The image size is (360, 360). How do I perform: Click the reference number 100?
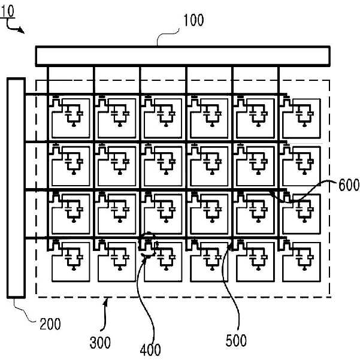[x=193, y=20]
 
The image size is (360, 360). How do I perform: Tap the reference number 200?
[x=50, y=323]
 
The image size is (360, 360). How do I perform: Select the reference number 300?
[x=100, y=343]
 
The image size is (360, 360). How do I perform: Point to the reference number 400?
[x=150, y=350]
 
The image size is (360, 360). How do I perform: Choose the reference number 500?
[x=236, y=340]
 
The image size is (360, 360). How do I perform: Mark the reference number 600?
[x=349, y=185]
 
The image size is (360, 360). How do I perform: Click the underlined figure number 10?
[x=8, y=11]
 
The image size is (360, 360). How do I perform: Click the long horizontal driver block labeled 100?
[x=183, y=56]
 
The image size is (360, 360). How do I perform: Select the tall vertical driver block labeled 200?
[x=16, y=188]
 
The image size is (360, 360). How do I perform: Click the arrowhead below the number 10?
[x=22, y=31]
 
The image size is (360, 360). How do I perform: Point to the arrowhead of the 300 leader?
[x=106, y=301]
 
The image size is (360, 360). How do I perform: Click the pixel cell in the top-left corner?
[x=71, y=119]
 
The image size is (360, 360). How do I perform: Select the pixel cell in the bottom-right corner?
[x=301, y=262]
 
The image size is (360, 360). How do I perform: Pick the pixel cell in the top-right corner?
[x=301, y=119]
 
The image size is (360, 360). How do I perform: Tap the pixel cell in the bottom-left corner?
[x=71, y=262]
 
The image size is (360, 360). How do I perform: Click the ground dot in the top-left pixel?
[x=74, y=125]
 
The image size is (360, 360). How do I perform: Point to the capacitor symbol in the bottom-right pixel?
[x=299, y=257]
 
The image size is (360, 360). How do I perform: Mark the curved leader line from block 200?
[x=24, y=311]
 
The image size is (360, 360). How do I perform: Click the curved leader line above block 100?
[x=167, y=35]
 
